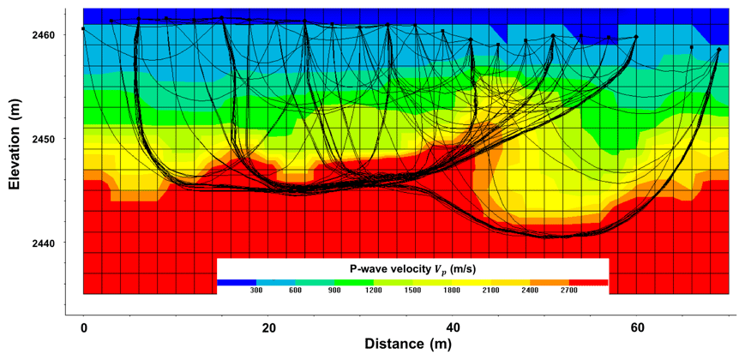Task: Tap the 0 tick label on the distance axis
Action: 83,328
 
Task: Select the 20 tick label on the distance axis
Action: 268,328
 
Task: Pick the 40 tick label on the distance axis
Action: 453,328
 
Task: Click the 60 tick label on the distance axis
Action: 637,328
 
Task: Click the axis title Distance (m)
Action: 406,345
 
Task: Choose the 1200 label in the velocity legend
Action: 373,291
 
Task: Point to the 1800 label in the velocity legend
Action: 452,291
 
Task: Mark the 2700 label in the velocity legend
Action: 569,291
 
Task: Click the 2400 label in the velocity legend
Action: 530,291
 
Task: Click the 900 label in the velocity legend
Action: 334,291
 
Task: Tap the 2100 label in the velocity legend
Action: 490,291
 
